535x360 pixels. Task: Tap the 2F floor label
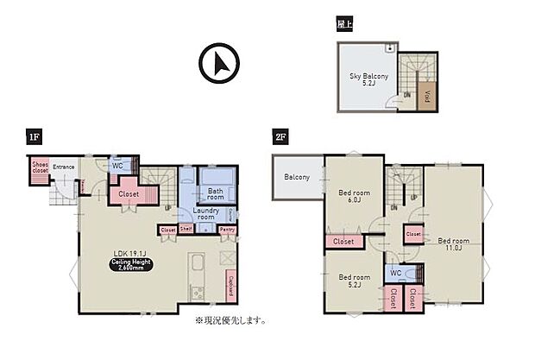click(279, 137)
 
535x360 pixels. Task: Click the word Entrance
click(64, 167)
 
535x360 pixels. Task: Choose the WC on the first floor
click(117, 166)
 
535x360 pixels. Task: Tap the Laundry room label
click(205, 214)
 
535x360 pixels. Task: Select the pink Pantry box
click(228, 230)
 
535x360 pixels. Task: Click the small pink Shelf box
click(186, 230)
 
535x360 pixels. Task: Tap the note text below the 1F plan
click(230, 320)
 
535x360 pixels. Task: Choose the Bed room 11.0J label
click(452, 243)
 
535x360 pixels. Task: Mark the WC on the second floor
click(394, 273)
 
